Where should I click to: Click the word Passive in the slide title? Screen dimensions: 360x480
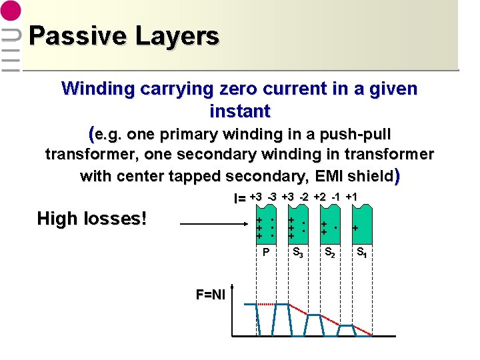[x=70, y=35]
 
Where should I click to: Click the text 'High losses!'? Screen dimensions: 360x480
[x=91, y=218]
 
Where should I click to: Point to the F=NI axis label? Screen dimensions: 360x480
[x=210, y=294]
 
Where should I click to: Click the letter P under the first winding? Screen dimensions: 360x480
[x=266, y=253]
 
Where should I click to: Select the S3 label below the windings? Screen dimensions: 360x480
[x=298, y=253]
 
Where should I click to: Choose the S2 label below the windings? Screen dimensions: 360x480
[x=329, y=253]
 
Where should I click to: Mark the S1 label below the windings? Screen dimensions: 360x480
[x=361, y=253]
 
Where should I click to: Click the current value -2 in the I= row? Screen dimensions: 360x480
[x=303, y=197]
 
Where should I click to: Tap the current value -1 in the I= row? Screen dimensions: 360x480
[x=337, y=197]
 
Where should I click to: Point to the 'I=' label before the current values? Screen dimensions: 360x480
[x=239, y=198]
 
